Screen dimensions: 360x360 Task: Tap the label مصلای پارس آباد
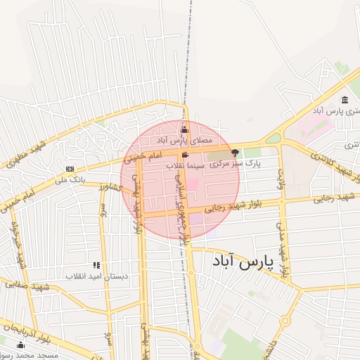[x=185, y=140]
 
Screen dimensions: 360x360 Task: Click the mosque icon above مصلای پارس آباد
[x=185, y=129]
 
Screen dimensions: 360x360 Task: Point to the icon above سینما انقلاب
[x=185, y=155]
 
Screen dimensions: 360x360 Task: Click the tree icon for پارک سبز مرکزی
[x=235, y=152]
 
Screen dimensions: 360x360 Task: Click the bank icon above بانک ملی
[x=70, y=169]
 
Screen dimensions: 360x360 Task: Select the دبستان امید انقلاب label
[x=97, y=276]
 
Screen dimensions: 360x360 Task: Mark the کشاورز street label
[x=111, y=188]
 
